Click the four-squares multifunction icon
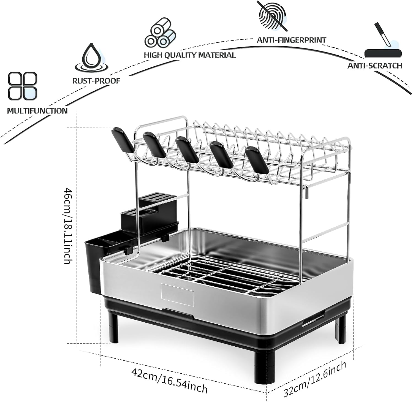point(22,86)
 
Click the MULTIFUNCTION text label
point(37,111)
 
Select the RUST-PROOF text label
point(96,81)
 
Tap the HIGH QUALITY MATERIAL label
point(190,55)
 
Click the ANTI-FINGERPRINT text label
point(291,40)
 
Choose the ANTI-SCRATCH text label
point(375,66)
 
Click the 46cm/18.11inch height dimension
point(68,226)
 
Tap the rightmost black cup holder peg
point(257,160)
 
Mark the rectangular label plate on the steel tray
point(177,295)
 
